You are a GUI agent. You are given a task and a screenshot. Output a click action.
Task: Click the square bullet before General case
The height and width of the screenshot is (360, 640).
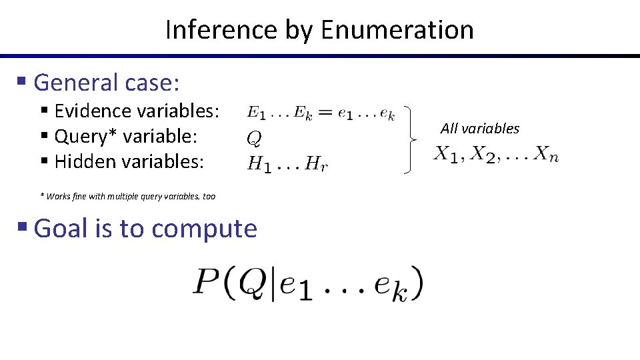[x=21, y=82]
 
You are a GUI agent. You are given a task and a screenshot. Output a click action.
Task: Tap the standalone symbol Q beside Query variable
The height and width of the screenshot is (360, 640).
[x=254, y=139]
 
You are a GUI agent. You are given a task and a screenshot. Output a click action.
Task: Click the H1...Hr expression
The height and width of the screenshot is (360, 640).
[x=287, y=164]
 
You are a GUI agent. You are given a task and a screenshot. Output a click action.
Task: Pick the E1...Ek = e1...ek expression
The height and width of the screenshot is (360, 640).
[x=321, y=114]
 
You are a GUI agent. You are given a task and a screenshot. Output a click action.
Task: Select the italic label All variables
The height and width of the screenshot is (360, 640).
[x=479, y=129]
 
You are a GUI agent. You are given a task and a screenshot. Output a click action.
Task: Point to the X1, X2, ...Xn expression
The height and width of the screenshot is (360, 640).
[x=497, y=155]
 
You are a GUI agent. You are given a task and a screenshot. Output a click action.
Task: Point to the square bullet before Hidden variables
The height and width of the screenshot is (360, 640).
[x=44, y=161]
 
